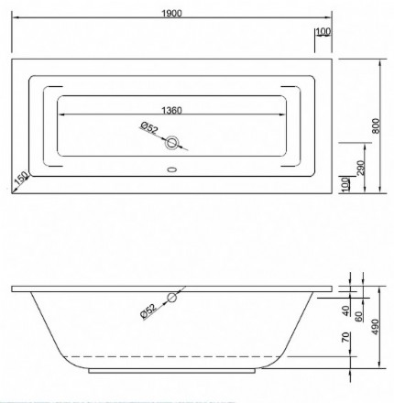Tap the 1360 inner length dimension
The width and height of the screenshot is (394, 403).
pyautogui.click(x=171, y=110)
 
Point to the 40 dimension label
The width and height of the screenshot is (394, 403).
pyautogui.click(x=345, y=311)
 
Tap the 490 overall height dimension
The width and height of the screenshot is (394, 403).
pyautogui.click(x=376, y=328)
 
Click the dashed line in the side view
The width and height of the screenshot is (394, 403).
pyautogui.click(x=174, y=355)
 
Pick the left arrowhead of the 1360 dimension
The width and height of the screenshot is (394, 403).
pyautogui.click(x=62, y=116)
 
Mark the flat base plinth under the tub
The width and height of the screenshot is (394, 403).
pyautogui.click(x=174, y=373)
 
